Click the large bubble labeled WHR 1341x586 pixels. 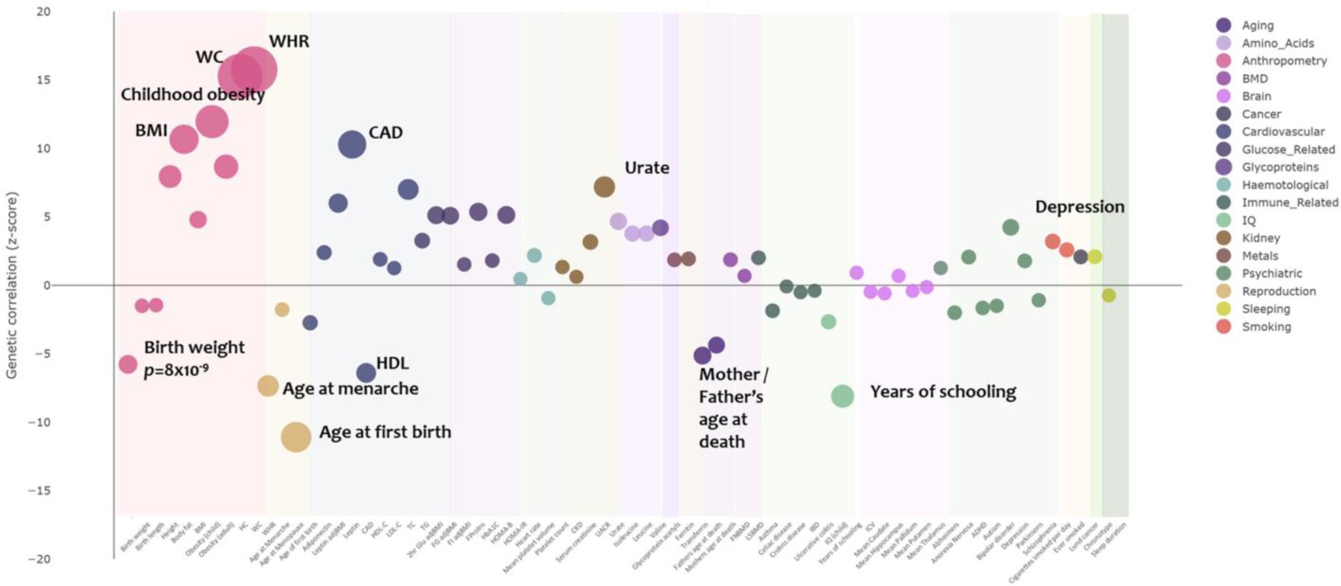[x=254, y=71]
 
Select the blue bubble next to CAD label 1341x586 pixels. [x=352, y=144]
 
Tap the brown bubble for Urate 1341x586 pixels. [x=604, y=187]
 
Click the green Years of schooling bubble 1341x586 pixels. [x=842, y=395]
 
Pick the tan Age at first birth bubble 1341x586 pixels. [x=296, y=437]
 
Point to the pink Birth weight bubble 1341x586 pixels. [x=128, y=364]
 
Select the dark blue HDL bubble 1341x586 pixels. [x=366, y=373]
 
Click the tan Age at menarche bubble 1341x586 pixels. [x=268, y=386]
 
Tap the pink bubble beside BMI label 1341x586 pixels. [x=184, y=140]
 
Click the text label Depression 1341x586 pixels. [x=1080, y=207]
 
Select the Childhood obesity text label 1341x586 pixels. [x=193, y=95]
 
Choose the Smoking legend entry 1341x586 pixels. [x=1266, y=327]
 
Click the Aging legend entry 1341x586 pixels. [x=1257, y=25]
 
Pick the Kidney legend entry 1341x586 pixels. [x=1260, y=238]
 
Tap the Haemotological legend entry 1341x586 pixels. [x=1284, y=185]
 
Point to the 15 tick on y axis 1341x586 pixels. [x=43, y=80]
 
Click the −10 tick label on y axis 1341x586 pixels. [x=40, y=422]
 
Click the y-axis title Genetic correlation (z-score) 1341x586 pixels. [x=11, y=285]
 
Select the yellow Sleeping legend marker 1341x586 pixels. [x=1223, y=309]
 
